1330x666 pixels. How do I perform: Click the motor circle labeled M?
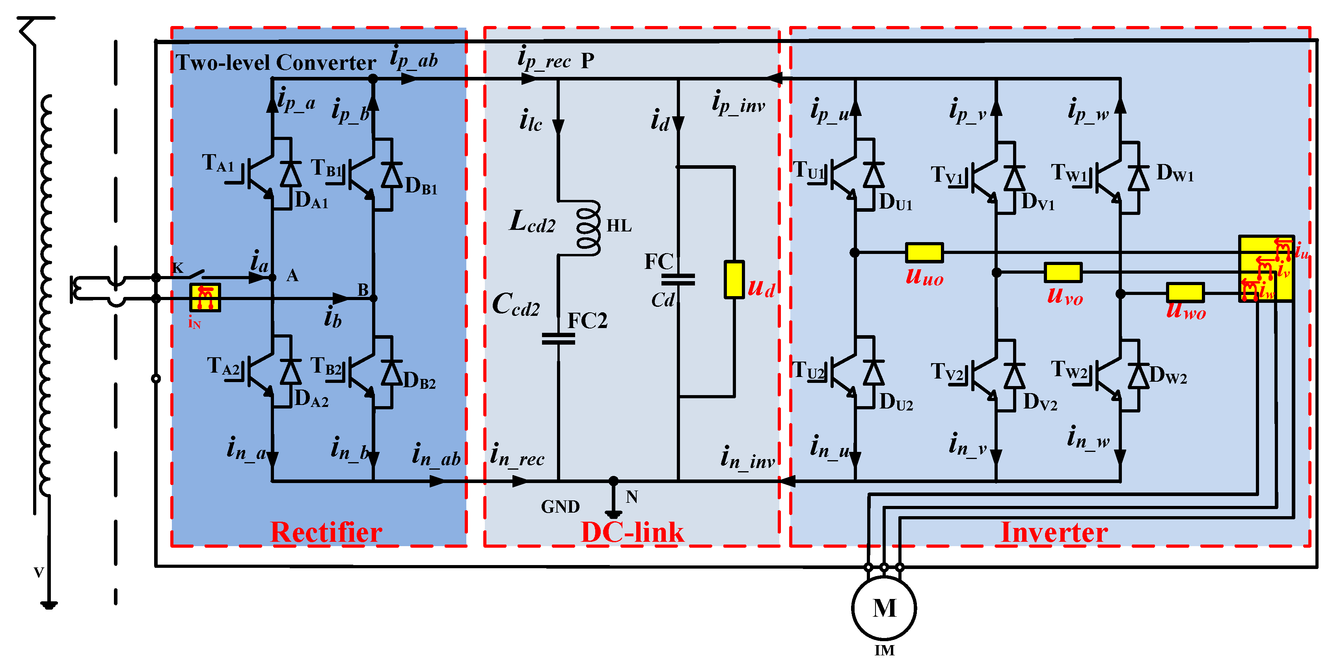pyautogui.click(x=884, y=608)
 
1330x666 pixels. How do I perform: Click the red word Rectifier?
pyautogui.click(x=326, y=532)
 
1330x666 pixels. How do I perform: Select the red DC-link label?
pyautogui.click(x=632, y=532)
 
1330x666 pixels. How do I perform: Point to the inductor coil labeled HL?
pyautogui.click(x=589, y=228)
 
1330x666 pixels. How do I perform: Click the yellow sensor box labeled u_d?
pyautogui.click(x=734, y=279)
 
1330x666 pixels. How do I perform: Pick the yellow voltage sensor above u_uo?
pyautogui.click(x=924, y=252)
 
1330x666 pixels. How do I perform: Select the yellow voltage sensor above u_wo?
pyautogui.click(x=1185, y=292)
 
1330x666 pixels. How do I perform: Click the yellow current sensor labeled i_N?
pyautogui.click(x=205, y=297)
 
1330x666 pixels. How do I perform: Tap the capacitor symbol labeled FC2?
pyautogui.click(x=558, y=338)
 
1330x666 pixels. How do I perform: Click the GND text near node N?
pyautogui.click(x=560, y=506)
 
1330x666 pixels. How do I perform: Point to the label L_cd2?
pyautogui.click(x=532, y=222)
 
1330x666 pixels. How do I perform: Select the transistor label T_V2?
pyautogui.click(x=947, y=372)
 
